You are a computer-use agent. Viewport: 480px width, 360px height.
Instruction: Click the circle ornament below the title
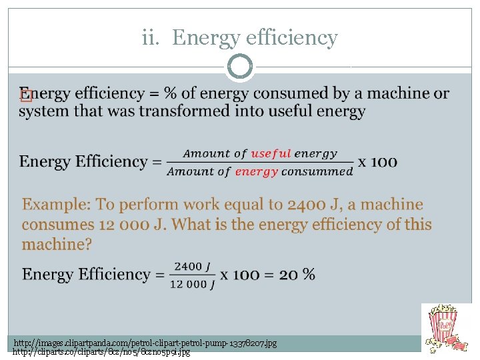coord(240,67)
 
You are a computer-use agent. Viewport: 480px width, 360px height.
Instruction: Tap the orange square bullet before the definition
coord(26,95)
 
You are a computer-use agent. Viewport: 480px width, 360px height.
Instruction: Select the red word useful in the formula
coord(271,153)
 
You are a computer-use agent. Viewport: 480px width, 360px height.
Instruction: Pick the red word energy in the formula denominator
coord(257,171)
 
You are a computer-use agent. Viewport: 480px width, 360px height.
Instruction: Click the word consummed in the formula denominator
coord(317,171)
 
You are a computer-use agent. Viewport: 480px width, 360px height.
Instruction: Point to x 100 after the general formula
coord(378,161)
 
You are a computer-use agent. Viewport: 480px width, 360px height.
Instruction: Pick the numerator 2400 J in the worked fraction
coord(192,267)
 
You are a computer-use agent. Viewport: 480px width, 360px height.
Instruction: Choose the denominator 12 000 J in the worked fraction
coord(192,284)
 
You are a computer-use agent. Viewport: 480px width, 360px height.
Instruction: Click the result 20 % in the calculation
coord(297,275)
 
